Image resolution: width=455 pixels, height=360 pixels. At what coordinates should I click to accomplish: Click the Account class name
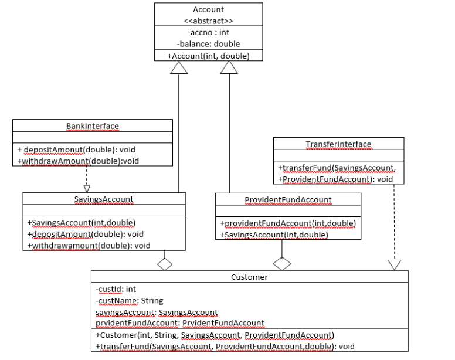pos(208,9)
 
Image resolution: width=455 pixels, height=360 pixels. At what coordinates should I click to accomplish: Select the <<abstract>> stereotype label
pos(208,21)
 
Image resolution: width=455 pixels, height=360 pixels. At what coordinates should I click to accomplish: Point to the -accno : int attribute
pos(208,32)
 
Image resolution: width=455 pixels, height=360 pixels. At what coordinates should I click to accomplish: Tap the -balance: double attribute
pos(208,43)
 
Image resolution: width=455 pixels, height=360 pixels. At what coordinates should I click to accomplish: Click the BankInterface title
pos(92,125)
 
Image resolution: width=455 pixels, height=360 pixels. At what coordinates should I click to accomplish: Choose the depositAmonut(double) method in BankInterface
pos(76,150)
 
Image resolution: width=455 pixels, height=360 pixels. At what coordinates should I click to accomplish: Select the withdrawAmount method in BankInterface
pos(78,161)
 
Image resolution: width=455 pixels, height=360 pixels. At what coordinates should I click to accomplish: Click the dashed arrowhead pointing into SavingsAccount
pos(87,188)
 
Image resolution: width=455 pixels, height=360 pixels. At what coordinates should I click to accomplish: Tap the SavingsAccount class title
pos(104,199)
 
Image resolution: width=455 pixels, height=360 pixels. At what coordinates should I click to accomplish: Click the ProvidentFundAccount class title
pos(288,200)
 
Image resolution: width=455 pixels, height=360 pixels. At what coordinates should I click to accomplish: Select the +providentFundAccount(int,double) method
pos(287,223)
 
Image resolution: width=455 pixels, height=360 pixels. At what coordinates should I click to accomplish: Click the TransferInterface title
pos(338,144)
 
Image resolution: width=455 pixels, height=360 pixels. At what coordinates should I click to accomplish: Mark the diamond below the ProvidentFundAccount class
pos(282,264)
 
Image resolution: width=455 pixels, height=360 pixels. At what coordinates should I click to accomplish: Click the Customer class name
pos(249,277)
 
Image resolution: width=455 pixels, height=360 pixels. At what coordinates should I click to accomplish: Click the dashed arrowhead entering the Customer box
pos(394,265)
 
